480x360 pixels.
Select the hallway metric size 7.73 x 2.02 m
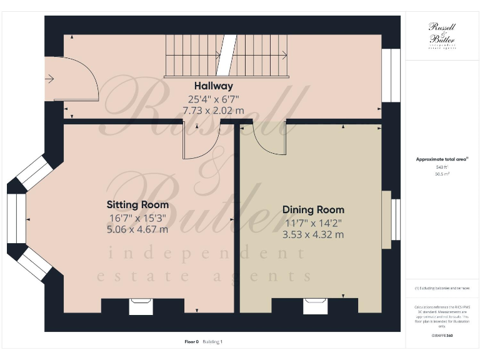pos(213,109)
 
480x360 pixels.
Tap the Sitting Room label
pos(137,205)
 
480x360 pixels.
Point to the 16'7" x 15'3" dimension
pos(137,218)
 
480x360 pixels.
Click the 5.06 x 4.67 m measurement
pos(137,229)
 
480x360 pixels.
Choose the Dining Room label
pos(313,210)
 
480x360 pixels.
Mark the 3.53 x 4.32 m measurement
pos(313,235)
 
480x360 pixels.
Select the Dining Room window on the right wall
pos(394,219)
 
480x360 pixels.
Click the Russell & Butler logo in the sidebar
pos(442,34)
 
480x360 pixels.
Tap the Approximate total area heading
pos(441,159)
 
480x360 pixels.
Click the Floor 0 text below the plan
pos(191,342)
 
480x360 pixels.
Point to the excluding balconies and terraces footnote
pos(442,288)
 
